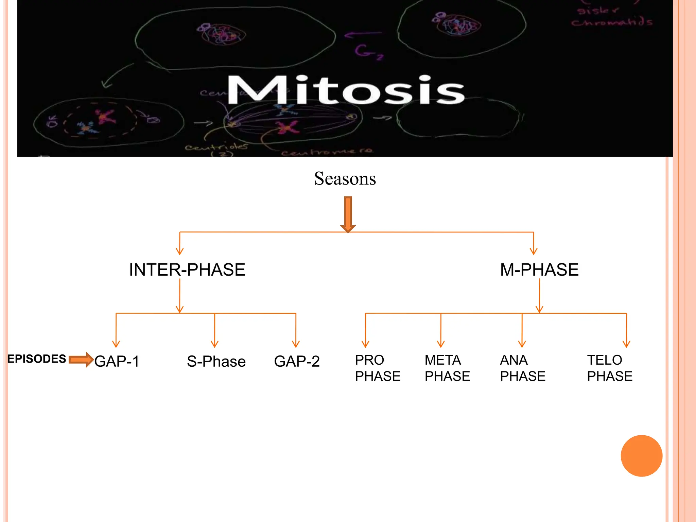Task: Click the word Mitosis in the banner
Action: coord(346,90)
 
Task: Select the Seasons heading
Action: coord(345,179)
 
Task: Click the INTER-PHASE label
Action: coord(187,270)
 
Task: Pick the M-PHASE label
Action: coord(539,270)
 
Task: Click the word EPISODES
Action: coord(37,359)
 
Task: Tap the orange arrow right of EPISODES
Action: coord(81,360)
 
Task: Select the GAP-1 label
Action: coord(117,361)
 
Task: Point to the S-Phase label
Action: coord(216,361)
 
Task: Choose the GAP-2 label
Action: coord(297,361)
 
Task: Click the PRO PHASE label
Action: coord(377,368)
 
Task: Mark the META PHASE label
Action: coord(447,368)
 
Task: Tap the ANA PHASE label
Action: coord(522,368)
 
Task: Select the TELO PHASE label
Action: coord(609,368)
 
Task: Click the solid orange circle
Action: coord(641,456)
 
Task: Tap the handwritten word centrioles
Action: coord(216,147)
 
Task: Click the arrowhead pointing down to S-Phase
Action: coord(214,344)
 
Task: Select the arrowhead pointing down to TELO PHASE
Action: coord(626,344)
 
